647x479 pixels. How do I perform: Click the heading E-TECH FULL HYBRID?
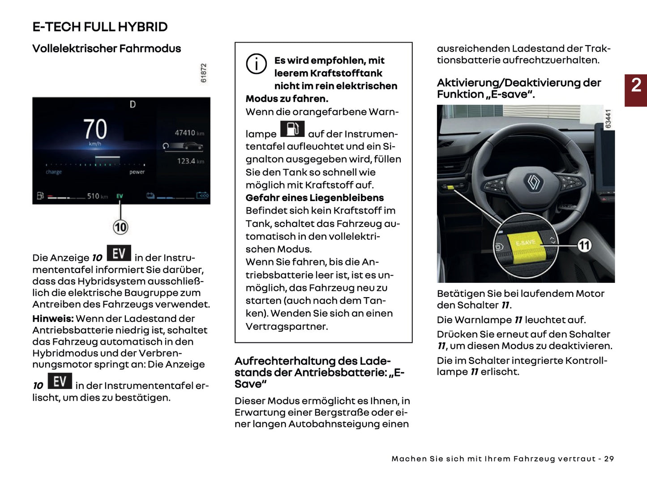pyautogui.click(x=100, y=27)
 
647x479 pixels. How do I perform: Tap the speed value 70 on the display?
pyautogui.click(x=95, y=129)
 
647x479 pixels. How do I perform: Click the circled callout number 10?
pyautogui.click(x=120, y=227)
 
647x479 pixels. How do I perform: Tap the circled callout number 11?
pyautogui.click(x=584, y=245)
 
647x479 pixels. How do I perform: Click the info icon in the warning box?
pyautogui.click(x=256, y=64)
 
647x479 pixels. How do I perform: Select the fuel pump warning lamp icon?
pyautogui.click(x=292, y=129)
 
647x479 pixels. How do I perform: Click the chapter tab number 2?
pyautogui.click(x=636, y=85)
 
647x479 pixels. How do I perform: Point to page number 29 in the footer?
pyautogui.click(x=608, y=459)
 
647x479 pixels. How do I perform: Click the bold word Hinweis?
pyautogui.click(x=53, y=319)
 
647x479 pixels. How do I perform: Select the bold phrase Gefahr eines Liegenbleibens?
pyautogui.click(x=314, y=198)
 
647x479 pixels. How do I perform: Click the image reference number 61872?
pyautogui.click(x=204, y=73)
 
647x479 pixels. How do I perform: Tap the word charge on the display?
pyautogui.click(x=54, y=172)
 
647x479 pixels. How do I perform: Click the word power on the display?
pyautogui.click(x=137, y=172)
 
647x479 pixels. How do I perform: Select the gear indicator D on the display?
pyautogui.click(x=133, y=104)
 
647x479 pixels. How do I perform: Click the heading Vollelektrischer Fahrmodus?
pyautogui.click(x=107, y=49)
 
